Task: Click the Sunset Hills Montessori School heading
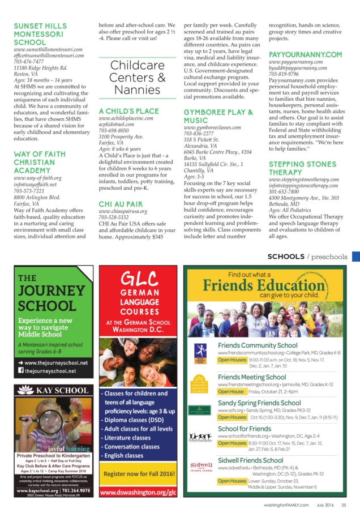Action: (40, 34)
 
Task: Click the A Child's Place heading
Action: (128, 111)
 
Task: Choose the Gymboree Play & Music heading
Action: (218, 117)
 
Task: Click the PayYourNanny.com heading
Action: (305, 54)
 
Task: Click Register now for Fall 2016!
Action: (138, 473)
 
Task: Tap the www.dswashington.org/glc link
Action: (138, 493)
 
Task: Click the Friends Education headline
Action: (265, 284)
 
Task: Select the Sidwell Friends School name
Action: (250, 460)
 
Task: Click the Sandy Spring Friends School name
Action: (259, 403)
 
